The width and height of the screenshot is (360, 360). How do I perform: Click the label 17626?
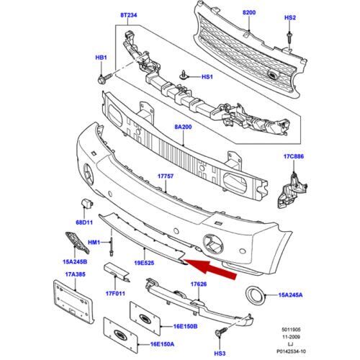pyautogui.click(x=198, y=285)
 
